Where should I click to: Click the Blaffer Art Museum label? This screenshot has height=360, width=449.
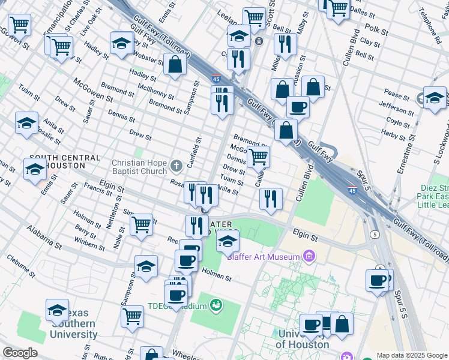pos(264,257)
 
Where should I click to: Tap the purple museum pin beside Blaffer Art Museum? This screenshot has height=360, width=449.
pos(309,257)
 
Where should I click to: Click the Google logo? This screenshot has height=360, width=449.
pos(19,353)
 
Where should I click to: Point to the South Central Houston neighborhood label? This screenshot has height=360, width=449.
pos(64,161)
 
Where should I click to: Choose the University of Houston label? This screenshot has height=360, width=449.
pos(303,339)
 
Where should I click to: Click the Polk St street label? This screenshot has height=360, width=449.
pos(376,28)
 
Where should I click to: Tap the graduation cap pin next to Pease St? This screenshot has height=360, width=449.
pos(435,98)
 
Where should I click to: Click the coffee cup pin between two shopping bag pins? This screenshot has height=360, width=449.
pos(297,106)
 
